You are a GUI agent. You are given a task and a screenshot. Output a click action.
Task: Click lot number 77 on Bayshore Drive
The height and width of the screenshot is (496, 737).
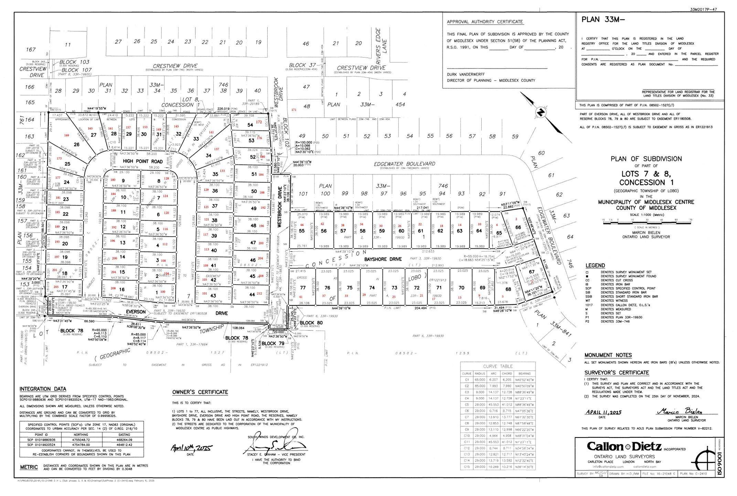[303, 288]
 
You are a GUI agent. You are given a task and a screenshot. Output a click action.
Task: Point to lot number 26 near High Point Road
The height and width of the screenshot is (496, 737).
[76, 144]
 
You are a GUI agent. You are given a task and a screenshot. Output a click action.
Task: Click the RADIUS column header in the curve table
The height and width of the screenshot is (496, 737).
[480, 373]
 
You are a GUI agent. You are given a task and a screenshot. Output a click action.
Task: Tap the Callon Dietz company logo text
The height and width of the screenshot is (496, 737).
[624, 447]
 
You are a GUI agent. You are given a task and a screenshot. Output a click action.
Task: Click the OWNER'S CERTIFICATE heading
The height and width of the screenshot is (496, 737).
[200, 392]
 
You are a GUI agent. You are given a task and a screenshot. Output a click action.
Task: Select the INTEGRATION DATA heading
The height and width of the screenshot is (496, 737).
[43, 389]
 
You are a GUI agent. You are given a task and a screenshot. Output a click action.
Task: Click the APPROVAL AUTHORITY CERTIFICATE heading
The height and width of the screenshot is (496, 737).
[485, 22]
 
